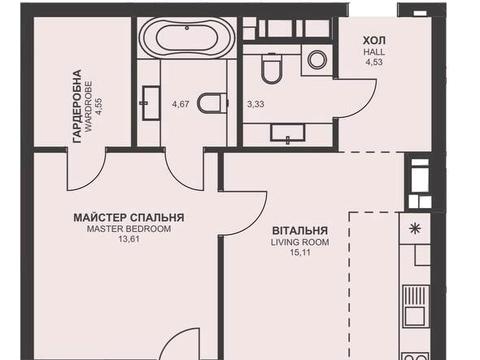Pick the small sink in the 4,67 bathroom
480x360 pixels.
[152, 97]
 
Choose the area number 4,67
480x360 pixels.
[180, 103]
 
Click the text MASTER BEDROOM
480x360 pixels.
[128, 229]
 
